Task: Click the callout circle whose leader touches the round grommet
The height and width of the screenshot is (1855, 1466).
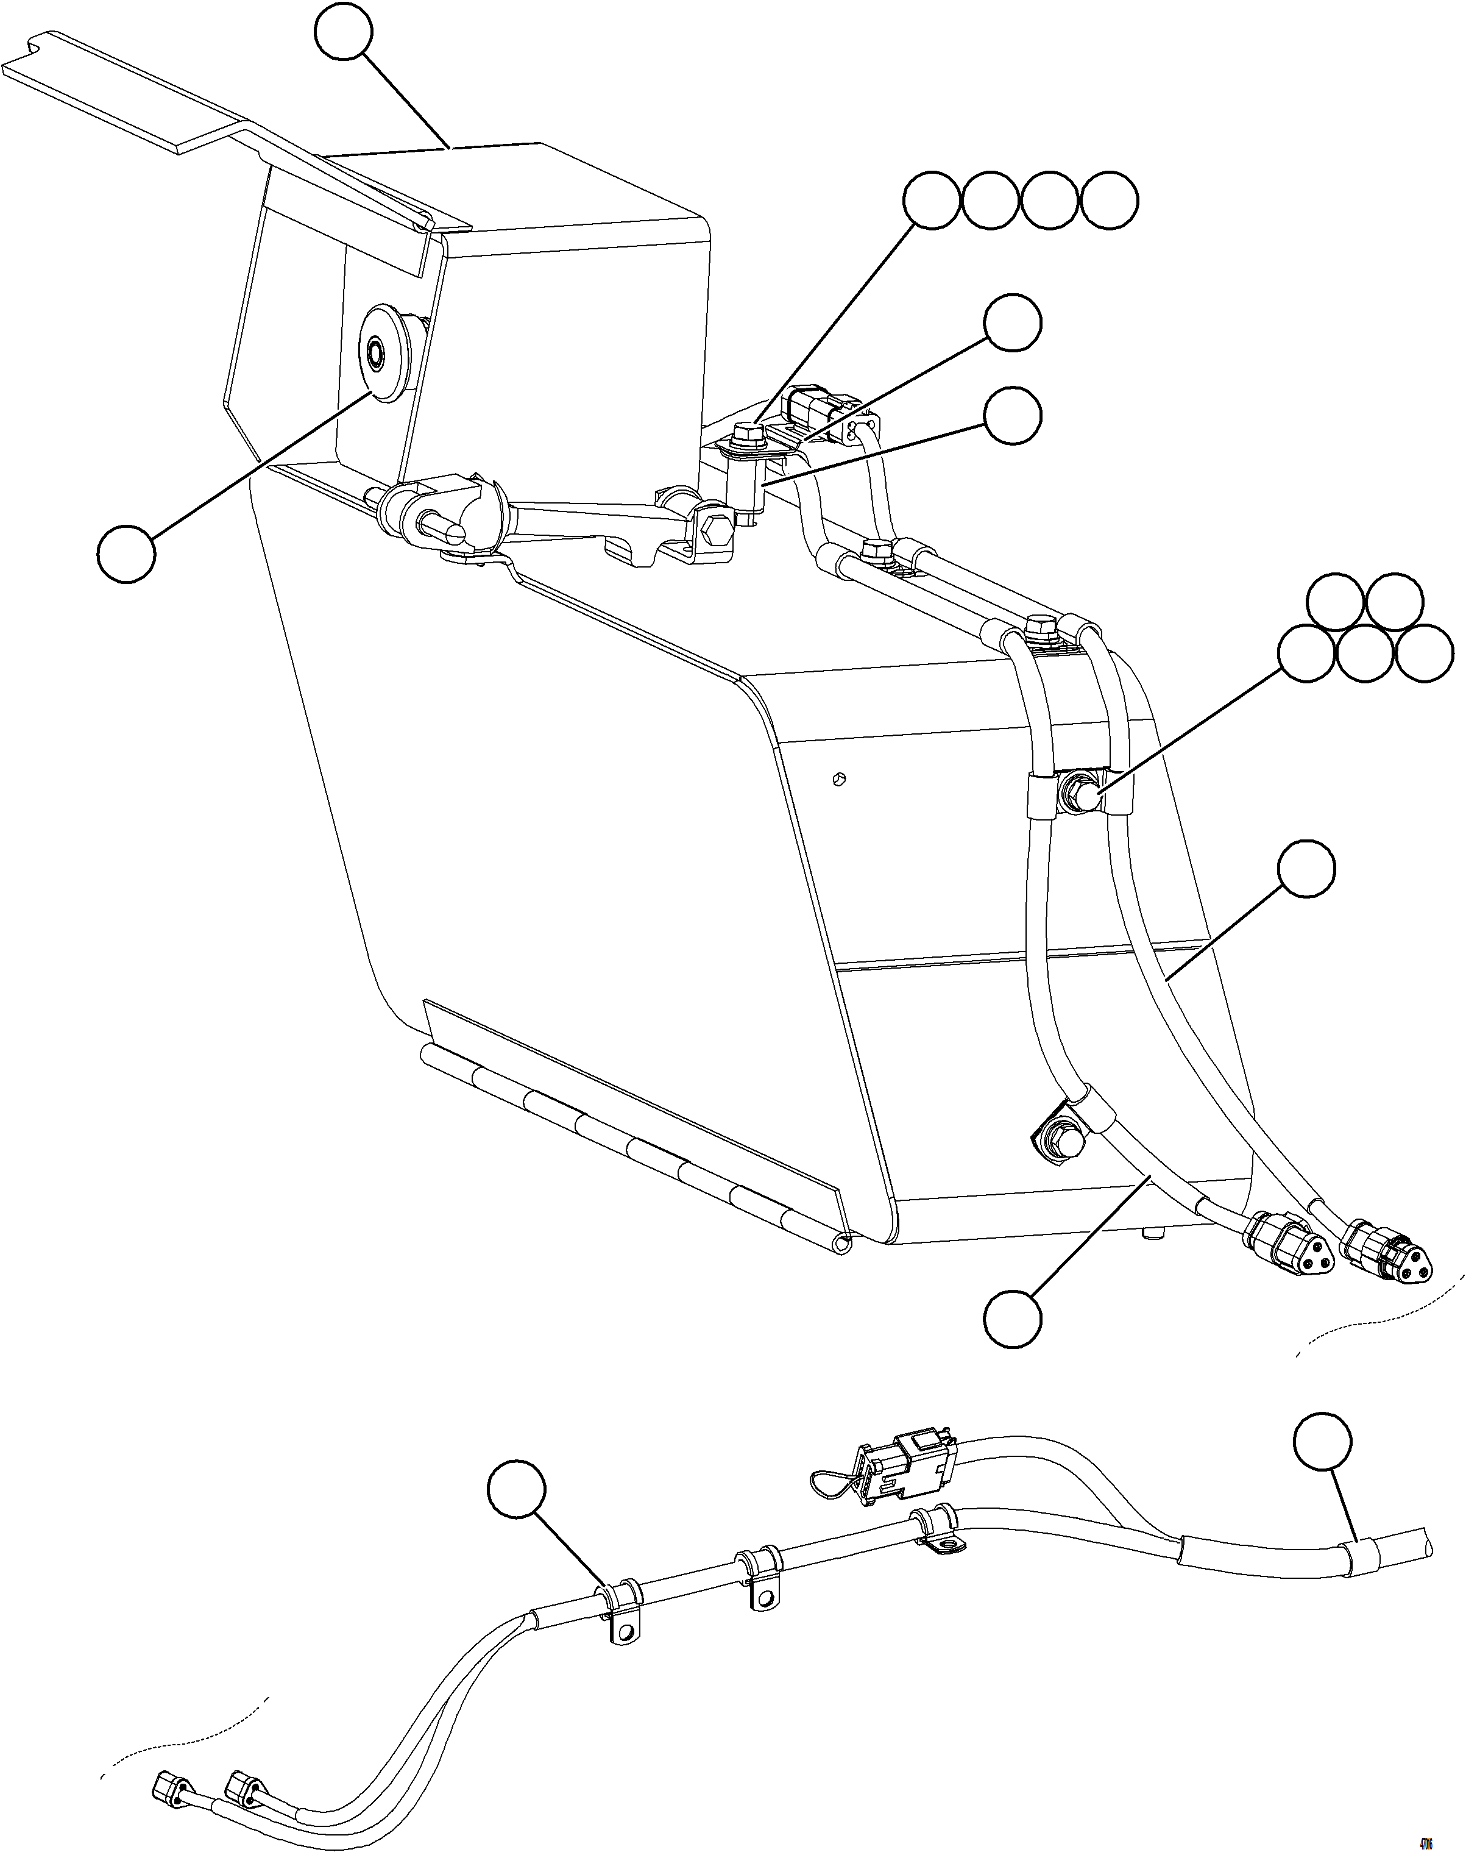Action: click(x=126, y=555)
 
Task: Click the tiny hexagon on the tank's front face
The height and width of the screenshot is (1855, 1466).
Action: click(x=840, y=779)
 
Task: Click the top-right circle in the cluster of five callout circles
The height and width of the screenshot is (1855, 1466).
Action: click(x=1395, y=601)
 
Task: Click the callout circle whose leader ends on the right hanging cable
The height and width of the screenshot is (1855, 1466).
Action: click(x=1306, y=869)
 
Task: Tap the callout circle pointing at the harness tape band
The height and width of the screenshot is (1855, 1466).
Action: click(x=1322, y=1441)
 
